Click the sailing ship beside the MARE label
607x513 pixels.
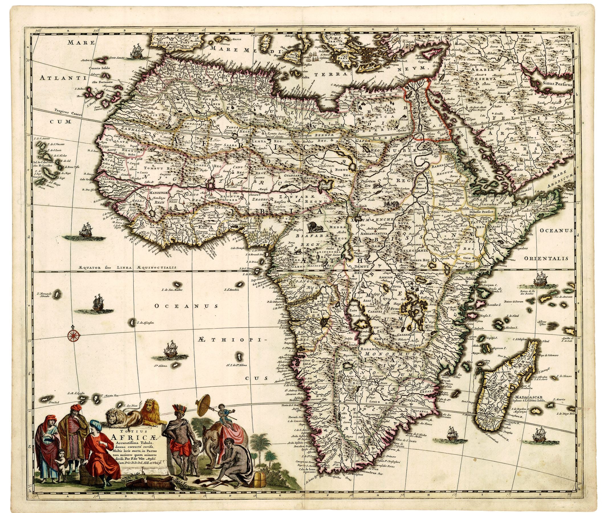136,52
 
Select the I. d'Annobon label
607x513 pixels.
231,290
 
